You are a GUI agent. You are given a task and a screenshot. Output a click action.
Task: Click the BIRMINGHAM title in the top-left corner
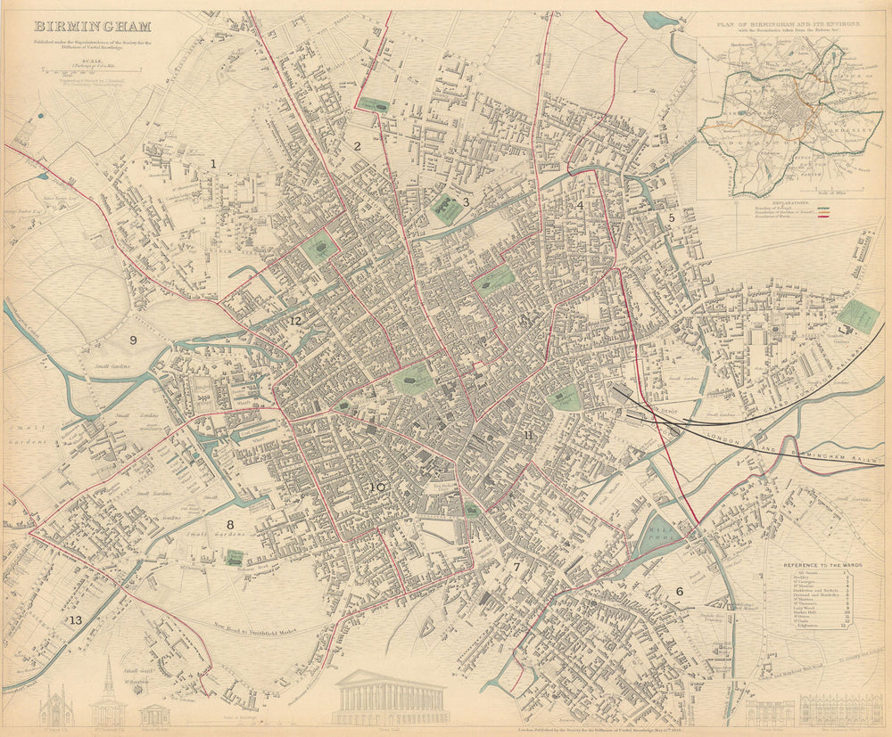[x=92, y=27]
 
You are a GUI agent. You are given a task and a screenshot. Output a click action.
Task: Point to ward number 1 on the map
[x=213, y=163]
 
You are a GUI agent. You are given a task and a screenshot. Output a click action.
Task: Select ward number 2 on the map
[x=357, y=146]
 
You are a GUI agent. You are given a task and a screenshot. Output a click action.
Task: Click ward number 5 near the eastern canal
[x=672, y=217]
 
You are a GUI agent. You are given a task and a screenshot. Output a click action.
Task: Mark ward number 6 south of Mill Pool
[x=679, y=591]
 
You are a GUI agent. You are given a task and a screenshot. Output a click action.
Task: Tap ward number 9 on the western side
[x=134, y=340]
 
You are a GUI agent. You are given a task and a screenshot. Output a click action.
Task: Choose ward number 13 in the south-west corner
[x=76, y=620]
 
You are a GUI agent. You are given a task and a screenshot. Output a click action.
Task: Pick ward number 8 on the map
[x=229, y=525]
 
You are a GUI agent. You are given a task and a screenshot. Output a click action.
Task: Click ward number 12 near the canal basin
[x=295, y=320]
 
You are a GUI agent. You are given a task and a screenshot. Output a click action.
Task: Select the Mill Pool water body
[x=659, y=535]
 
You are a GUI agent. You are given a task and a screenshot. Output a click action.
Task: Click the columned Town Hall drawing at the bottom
[x=391, y=698]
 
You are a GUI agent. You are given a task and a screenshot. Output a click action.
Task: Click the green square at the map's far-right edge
[x=858, y=315]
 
